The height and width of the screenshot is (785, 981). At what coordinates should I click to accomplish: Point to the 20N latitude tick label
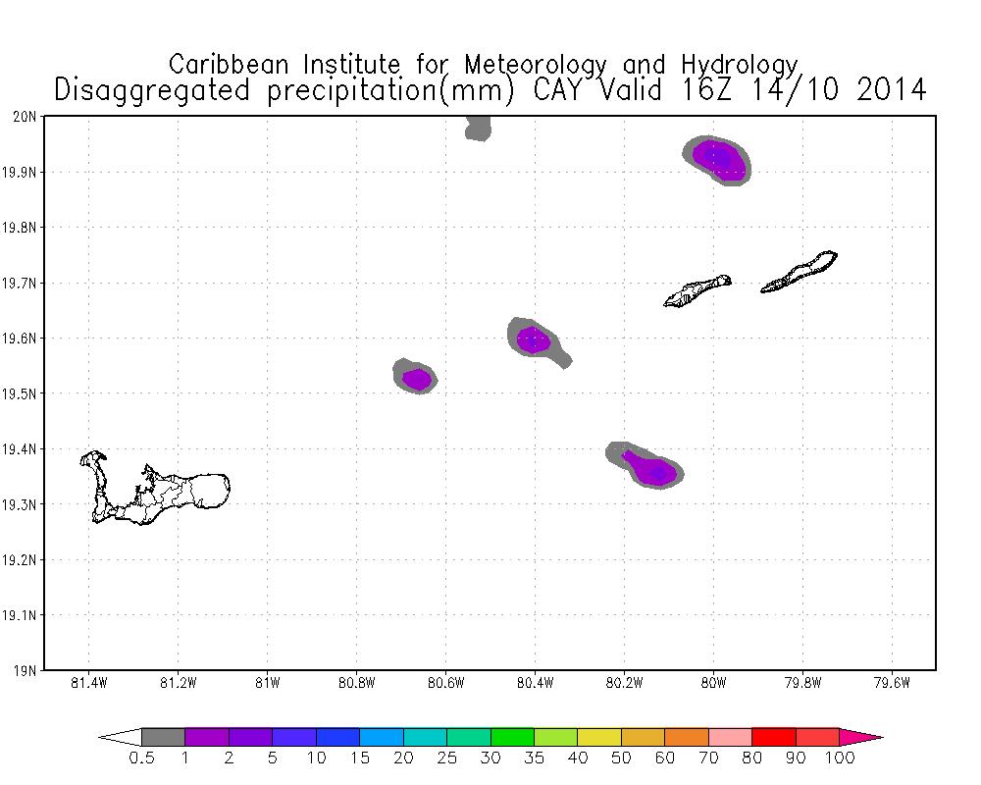[x=25, y=117]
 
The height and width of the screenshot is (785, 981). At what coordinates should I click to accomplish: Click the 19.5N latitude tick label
[x=20, y=394]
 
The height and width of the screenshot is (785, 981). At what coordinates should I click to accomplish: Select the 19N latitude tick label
[x=25, y=671]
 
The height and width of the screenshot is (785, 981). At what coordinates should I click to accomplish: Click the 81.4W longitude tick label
[x=89, y=684]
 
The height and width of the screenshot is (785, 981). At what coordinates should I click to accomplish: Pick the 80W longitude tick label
[x=713, y=684]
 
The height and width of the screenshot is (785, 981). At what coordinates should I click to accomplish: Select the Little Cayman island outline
[x=697, y=290]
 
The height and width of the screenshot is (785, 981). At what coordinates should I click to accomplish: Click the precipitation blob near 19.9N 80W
[x=719, y=159]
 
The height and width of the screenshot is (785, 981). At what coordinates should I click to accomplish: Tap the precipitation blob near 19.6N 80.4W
[x=534, y=340]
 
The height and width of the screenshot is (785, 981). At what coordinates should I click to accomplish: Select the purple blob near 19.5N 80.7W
[x=417, y=378]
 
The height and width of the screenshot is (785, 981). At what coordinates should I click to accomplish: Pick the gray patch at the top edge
[x=478, y=128]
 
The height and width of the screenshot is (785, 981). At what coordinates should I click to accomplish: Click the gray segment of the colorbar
[x=163, y=737]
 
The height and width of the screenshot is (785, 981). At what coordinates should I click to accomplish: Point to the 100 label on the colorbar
[x=841, y=758]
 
